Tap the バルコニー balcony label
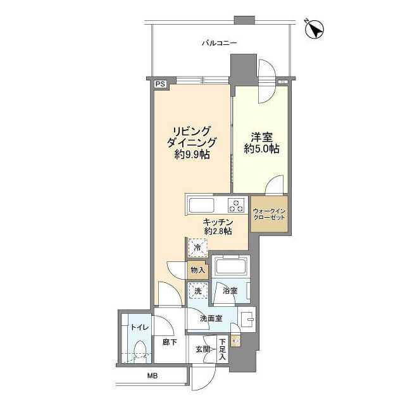pos(219,43)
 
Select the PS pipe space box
pos(161,84)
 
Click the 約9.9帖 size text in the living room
pos(192,154)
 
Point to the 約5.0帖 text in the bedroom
pos(261,149)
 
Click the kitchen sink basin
pos(201,205)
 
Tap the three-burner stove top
pos(236,205)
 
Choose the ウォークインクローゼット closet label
pos(269,214)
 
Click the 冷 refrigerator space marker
pos(197,248)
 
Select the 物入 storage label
pos(198,270)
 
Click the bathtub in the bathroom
pos(230,266)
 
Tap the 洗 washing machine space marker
pos(198,291)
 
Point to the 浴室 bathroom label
pos(230,291)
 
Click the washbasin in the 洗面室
pos(247,319)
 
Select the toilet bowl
pos(140,351)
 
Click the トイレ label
pos(140,328)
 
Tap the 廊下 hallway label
pos(170,342)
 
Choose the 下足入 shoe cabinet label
pos(222,350)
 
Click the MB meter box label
pos(152,376)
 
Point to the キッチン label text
pos(218,222)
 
